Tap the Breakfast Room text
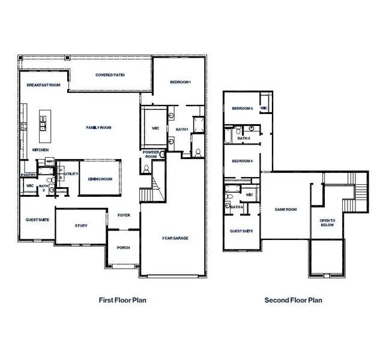44,86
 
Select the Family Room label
99,127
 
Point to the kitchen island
44,122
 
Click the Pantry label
28,175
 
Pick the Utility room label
71,173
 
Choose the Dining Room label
100,179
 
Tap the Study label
81,226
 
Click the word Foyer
124,215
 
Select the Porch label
123,247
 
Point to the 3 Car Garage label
175,238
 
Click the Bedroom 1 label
180,82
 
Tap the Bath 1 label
182,129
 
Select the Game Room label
286,209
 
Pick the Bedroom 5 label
243,109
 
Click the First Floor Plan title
122,300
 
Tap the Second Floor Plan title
294,300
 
